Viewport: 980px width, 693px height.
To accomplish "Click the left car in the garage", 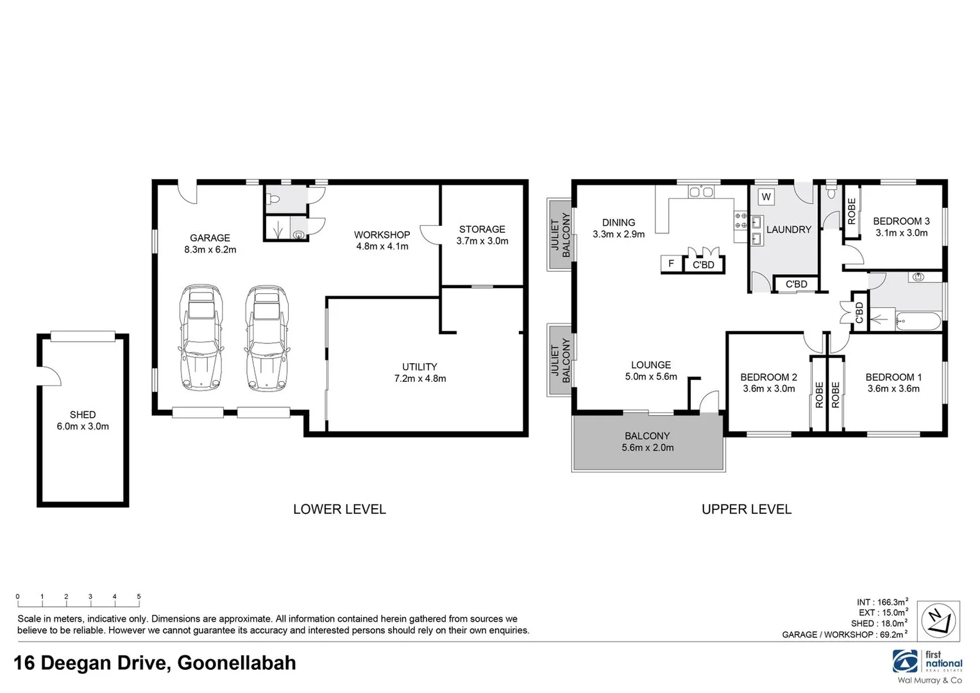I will [201, 338].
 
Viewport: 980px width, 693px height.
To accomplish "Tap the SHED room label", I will [83, 420].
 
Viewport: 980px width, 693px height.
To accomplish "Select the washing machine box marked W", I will [766, 197].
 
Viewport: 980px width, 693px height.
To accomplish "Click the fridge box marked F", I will [672, 264].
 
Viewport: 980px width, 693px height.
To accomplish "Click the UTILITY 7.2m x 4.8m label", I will [419, 372].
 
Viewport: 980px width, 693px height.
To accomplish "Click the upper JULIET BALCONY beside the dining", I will [559, 234].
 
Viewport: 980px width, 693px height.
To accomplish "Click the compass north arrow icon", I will [938, 621].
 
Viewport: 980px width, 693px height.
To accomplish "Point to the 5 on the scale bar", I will [139, 597].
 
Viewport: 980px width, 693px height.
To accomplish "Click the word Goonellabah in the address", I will [236, 663].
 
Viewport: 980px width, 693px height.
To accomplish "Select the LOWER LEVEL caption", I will [339, 509].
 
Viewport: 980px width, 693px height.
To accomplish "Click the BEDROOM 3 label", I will [901, 221].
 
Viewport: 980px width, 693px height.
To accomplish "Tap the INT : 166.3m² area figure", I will [882, 602].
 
